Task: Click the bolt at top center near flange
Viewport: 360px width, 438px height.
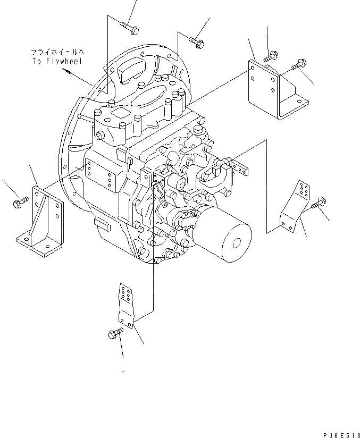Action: click(x=197, y=41)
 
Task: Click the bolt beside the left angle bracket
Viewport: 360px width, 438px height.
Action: click(x=19, y=202)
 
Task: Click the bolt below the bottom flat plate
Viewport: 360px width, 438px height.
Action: click(x=115, y=334)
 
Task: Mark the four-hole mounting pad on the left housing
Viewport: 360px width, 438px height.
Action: click(x=101, y=176)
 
